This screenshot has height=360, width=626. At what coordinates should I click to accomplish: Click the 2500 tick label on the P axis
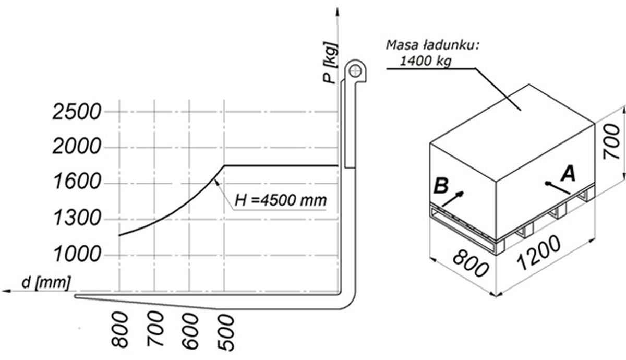tap(77, 112)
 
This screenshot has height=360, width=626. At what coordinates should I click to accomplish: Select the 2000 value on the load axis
tap(77, 146)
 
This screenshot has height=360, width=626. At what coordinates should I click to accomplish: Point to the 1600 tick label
tap(77, 182)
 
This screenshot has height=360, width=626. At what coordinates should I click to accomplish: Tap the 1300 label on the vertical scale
tap(77, 218)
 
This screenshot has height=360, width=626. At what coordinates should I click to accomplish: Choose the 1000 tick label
tap(77, 255)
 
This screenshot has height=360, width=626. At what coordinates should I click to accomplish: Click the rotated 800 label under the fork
tap(120, 330)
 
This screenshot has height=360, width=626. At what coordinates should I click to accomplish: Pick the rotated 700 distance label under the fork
tap(155, 329)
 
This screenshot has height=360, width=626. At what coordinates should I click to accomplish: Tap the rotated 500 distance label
tap(226, 333)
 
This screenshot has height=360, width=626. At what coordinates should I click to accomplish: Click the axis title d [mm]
tap(46, 282)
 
